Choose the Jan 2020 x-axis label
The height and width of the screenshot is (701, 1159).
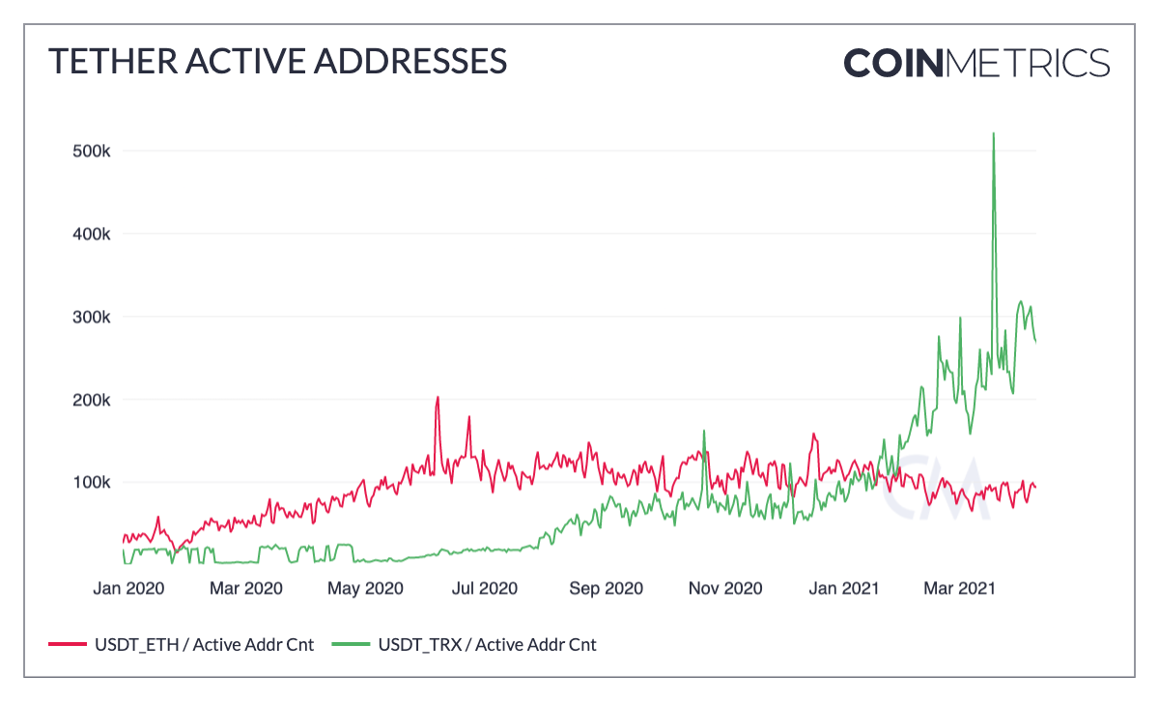(x=127, y=588)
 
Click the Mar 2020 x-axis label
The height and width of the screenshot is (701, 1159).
(x=246, y=588)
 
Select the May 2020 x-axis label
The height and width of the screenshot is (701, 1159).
(x=366, y=588)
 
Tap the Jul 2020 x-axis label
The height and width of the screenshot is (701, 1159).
(x=485, y=588)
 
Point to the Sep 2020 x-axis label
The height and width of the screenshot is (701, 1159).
(x=606, y=588)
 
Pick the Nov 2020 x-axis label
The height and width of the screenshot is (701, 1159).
(x=725, y=588)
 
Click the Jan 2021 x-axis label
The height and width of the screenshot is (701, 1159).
(x=844, y=588)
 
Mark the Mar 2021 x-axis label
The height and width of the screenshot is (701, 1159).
(x=959, y=588)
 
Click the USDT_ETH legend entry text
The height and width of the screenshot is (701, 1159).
(x=204, y=644)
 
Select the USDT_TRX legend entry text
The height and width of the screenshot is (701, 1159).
(x=486, y=644)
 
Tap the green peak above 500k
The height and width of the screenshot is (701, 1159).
(x=994, y=134)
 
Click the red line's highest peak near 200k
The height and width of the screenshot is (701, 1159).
(x=438, y=397)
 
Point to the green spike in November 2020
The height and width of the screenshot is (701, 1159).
(x=704, y=431)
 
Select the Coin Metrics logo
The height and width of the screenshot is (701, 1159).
(x=976, y=63)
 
